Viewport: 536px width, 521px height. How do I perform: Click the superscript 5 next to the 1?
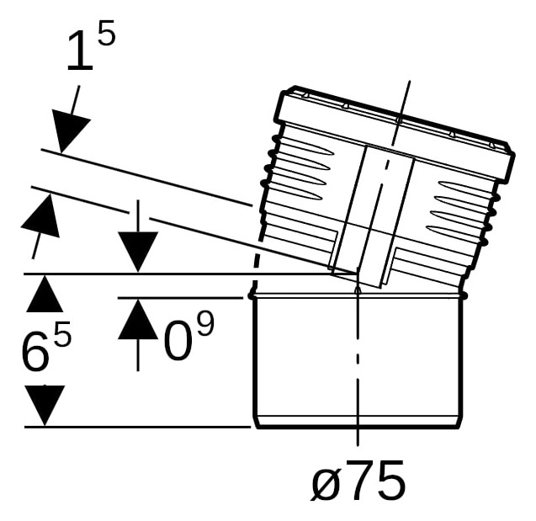pos(106,33)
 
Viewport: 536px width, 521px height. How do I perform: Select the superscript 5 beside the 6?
pos(62,333)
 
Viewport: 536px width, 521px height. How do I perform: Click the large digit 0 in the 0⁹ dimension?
pos(177,341)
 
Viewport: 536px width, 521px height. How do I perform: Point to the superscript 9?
pos(205,323)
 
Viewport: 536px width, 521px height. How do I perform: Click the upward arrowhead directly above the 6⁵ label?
pos(45,294)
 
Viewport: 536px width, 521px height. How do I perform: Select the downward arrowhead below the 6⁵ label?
pos(45,406)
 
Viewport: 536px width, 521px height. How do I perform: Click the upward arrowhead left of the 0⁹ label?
pos(138,319)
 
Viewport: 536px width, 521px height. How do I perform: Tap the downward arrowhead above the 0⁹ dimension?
pos(138,252)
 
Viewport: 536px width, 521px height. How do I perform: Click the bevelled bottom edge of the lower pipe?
pos(358,423)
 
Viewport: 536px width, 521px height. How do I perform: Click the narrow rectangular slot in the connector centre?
pos(374,216)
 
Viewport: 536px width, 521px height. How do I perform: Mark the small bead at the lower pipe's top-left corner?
pos(252,295)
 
